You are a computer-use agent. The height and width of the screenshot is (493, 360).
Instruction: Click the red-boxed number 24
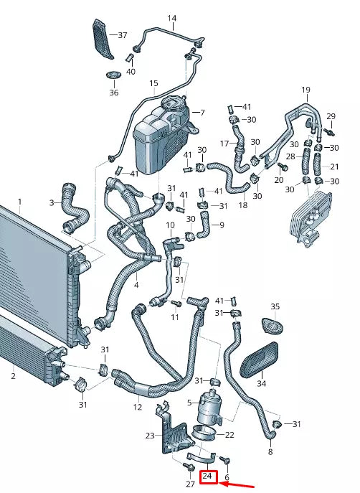pos(207,476)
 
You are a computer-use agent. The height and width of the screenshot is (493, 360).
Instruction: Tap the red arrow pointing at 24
pos(237,484)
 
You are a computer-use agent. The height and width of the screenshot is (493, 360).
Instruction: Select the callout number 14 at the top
pos(172,18)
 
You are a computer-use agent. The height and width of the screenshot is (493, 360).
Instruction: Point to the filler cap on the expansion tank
pos(173,104)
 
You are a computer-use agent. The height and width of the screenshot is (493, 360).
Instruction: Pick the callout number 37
pos(123,35)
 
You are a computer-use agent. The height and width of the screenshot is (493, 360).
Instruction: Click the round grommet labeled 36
pos(114,75)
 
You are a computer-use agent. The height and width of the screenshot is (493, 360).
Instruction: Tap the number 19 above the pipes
pos(305,90)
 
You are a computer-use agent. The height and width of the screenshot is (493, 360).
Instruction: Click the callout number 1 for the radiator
pos(20,202)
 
